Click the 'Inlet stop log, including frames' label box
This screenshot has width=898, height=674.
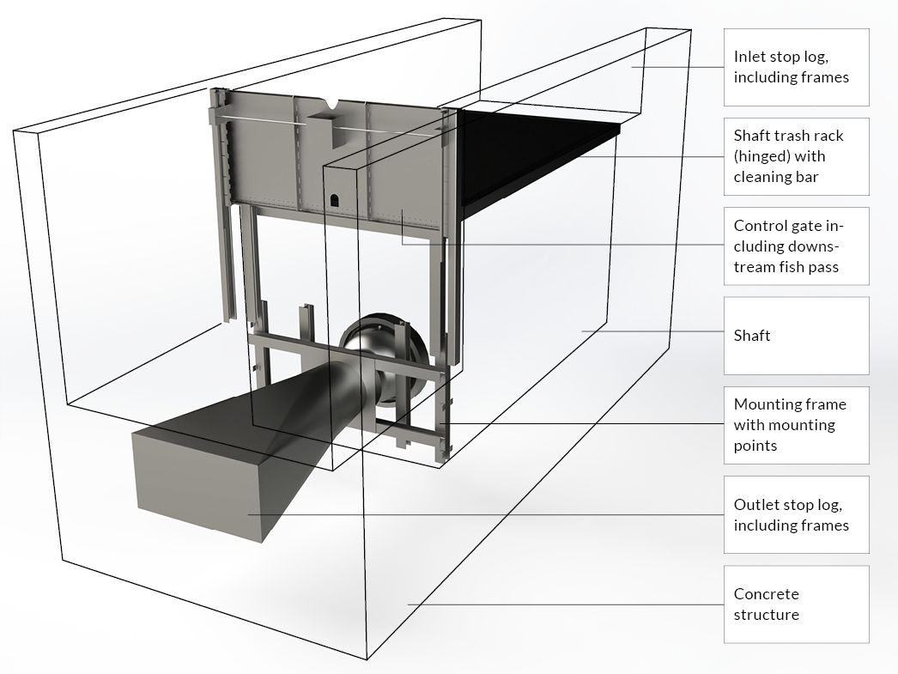[x=796, y=67]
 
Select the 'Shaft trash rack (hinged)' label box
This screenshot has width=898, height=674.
[x=796, y=156]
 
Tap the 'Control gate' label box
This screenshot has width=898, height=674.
[x=796, y=246]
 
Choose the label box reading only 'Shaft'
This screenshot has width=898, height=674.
[x=796, y=336]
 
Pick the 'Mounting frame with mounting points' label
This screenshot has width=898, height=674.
[x=796, y=425]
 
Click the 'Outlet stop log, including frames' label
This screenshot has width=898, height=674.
[x=796, y=514]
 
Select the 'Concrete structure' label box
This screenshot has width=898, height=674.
[x=796, y=604]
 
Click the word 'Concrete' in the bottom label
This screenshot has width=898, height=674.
[x=766, y=593]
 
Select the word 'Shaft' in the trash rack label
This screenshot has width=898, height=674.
[x=753, y=136]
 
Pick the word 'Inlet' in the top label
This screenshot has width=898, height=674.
[x=750, y=57]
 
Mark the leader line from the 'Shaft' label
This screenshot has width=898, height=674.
[x=652, y=331]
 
